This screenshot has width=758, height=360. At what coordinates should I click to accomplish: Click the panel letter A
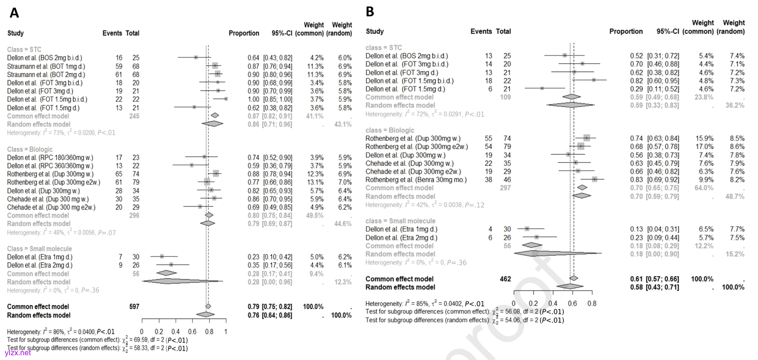14,13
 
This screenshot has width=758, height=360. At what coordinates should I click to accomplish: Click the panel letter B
370,12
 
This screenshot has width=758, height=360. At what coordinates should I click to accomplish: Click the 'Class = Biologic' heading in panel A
30,149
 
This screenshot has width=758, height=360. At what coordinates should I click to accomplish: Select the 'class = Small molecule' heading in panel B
400,221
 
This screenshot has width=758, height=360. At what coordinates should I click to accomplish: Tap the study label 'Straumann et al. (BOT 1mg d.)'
46,66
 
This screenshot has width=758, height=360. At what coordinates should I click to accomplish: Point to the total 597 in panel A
134,307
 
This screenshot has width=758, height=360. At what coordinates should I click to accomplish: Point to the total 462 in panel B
505,279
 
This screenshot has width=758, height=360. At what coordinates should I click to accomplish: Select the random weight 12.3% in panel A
342,282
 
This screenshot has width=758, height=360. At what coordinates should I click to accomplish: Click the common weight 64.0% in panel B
704,188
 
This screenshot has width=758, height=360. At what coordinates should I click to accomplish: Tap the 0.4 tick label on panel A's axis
175,332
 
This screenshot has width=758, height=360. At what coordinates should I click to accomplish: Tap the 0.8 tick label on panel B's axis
592,303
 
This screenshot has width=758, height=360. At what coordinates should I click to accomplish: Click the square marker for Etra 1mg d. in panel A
162,257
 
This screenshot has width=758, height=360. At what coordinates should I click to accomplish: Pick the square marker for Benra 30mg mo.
595,180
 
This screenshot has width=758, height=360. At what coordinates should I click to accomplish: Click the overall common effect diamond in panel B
573,279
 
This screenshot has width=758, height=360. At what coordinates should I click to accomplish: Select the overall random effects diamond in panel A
206,315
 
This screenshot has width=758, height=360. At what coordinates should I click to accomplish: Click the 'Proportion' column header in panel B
626,32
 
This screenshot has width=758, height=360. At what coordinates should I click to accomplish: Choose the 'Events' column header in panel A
112,34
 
